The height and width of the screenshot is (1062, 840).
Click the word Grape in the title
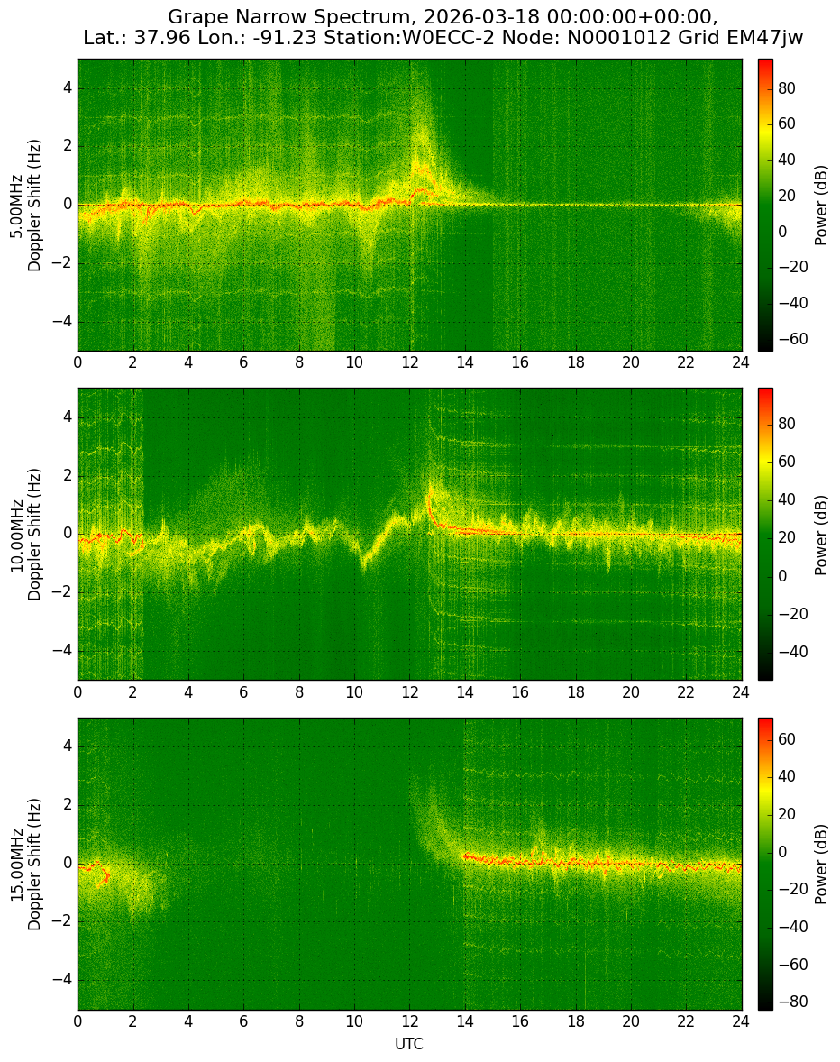point(193,16)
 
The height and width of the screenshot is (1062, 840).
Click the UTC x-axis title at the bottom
point(409,1044)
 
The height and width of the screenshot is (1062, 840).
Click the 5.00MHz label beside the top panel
point(15,206)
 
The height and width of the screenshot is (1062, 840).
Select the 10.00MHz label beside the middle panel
point(15,535)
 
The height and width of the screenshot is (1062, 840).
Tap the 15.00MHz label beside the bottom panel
point(15,865)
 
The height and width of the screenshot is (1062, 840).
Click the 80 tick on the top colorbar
point(787,88)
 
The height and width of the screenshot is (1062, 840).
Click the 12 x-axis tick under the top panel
point(409,362)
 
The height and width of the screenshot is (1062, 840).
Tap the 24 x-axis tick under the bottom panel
point(741,1021)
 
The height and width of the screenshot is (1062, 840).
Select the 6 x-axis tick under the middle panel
point(243,692)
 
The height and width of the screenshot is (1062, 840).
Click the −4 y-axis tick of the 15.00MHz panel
point(63,979)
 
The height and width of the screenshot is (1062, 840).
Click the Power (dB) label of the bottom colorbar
point(821,865)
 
